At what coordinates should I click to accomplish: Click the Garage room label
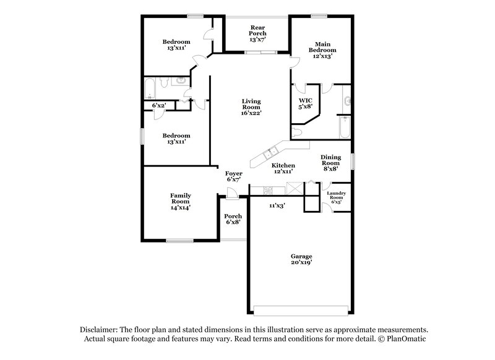[x=301, y=256]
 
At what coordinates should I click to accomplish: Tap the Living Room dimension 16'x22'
[x=251, y=113]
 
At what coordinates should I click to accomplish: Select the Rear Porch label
[x=258, y=33]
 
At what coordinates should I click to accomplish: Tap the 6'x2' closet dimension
[x=159, y=106]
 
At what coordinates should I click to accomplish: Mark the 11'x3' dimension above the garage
[x=276, y=205]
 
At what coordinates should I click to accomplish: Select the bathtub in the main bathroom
[x=345, y=128]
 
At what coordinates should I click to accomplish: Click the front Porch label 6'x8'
[x=233, y=219]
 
